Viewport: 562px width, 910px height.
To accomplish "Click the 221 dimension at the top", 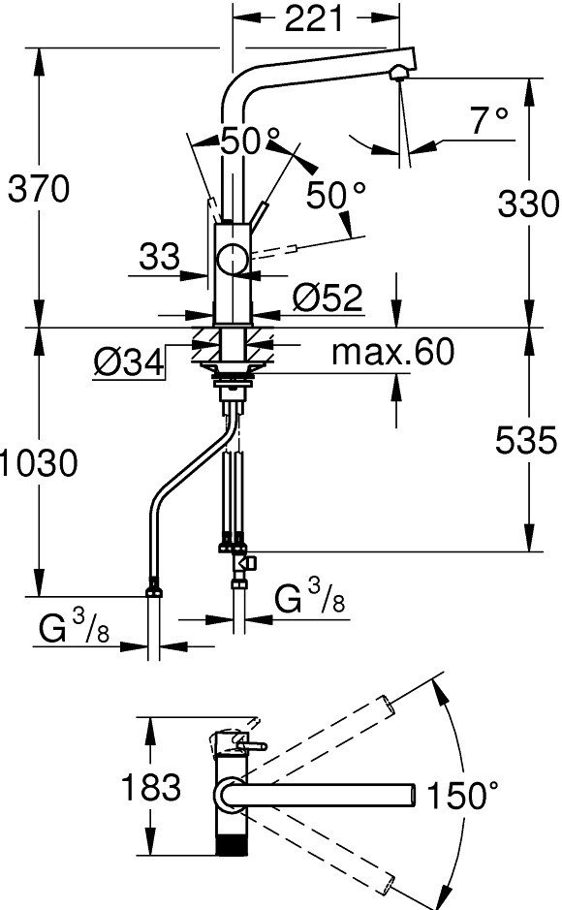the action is (314, 20).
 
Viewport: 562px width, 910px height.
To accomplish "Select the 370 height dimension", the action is (39, 189).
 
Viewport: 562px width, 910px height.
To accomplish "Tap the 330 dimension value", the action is (528, 204).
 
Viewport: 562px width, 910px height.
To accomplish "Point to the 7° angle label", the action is (489, 121).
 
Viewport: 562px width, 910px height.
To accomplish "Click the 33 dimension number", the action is (160, 257).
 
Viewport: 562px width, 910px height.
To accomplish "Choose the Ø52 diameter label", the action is (328, 298).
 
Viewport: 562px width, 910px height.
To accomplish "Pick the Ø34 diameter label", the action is (129, 363).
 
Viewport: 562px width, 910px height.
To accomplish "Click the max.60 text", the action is (392, 352).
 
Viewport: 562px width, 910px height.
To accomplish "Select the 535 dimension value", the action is (526, 441).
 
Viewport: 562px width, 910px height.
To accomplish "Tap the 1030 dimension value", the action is (39, 463).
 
